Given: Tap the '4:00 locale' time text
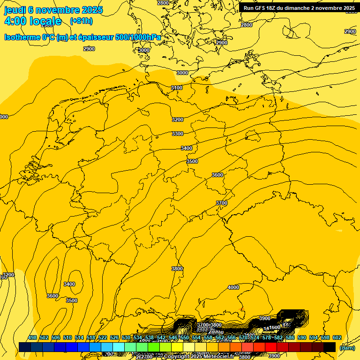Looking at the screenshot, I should (x=33, y=21).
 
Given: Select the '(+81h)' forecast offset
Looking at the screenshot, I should (x=81, y=21).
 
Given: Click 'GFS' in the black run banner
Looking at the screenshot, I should (x=260, y=8).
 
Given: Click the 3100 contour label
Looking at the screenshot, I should (x=177, y=88).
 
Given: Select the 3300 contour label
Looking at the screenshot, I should (x=178, y=134).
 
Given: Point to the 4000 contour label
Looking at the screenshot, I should (x=233, y=287).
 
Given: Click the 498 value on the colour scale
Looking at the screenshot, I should (x=32, y=338).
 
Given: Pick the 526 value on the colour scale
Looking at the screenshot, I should (x=114, y=338).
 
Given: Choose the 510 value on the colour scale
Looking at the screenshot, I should (x=67, y=338).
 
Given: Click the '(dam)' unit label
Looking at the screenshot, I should (x=347, y=347).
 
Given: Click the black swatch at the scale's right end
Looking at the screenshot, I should (x=330, y=347).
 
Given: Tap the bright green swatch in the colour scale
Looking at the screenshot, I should (x=154, y=347).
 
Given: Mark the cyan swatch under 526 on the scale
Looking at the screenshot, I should (x=119, y=347).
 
